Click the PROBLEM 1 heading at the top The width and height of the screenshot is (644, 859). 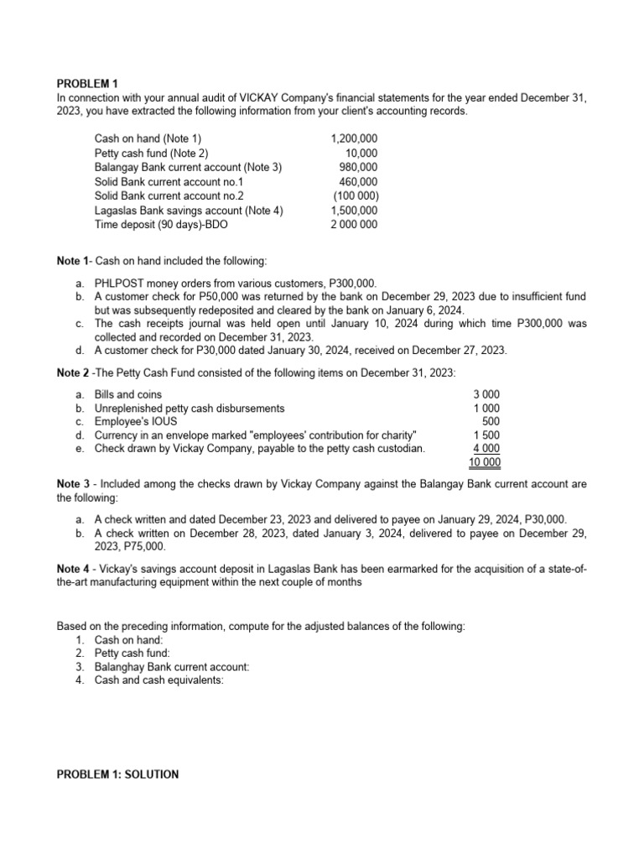coord(87,83)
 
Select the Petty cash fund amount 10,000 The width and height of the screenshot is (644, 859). coord(361,153)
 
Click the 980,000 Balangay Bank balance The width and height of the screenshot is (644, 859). coord(358,167)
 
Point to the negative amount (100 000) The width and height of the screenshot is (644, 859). coord(356,195)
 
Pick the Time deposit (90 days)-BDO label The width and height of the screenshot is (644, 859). coord(161,224)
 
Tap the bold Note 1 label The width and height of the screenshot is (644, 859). coord(73,263)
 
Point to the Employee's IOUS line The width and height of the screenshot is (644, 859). coord(134,421)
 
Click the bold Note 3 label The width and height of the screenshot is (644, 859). coord(73,484)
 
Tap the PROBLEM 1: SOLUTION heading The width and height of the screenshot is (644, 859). coord(117,774)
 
